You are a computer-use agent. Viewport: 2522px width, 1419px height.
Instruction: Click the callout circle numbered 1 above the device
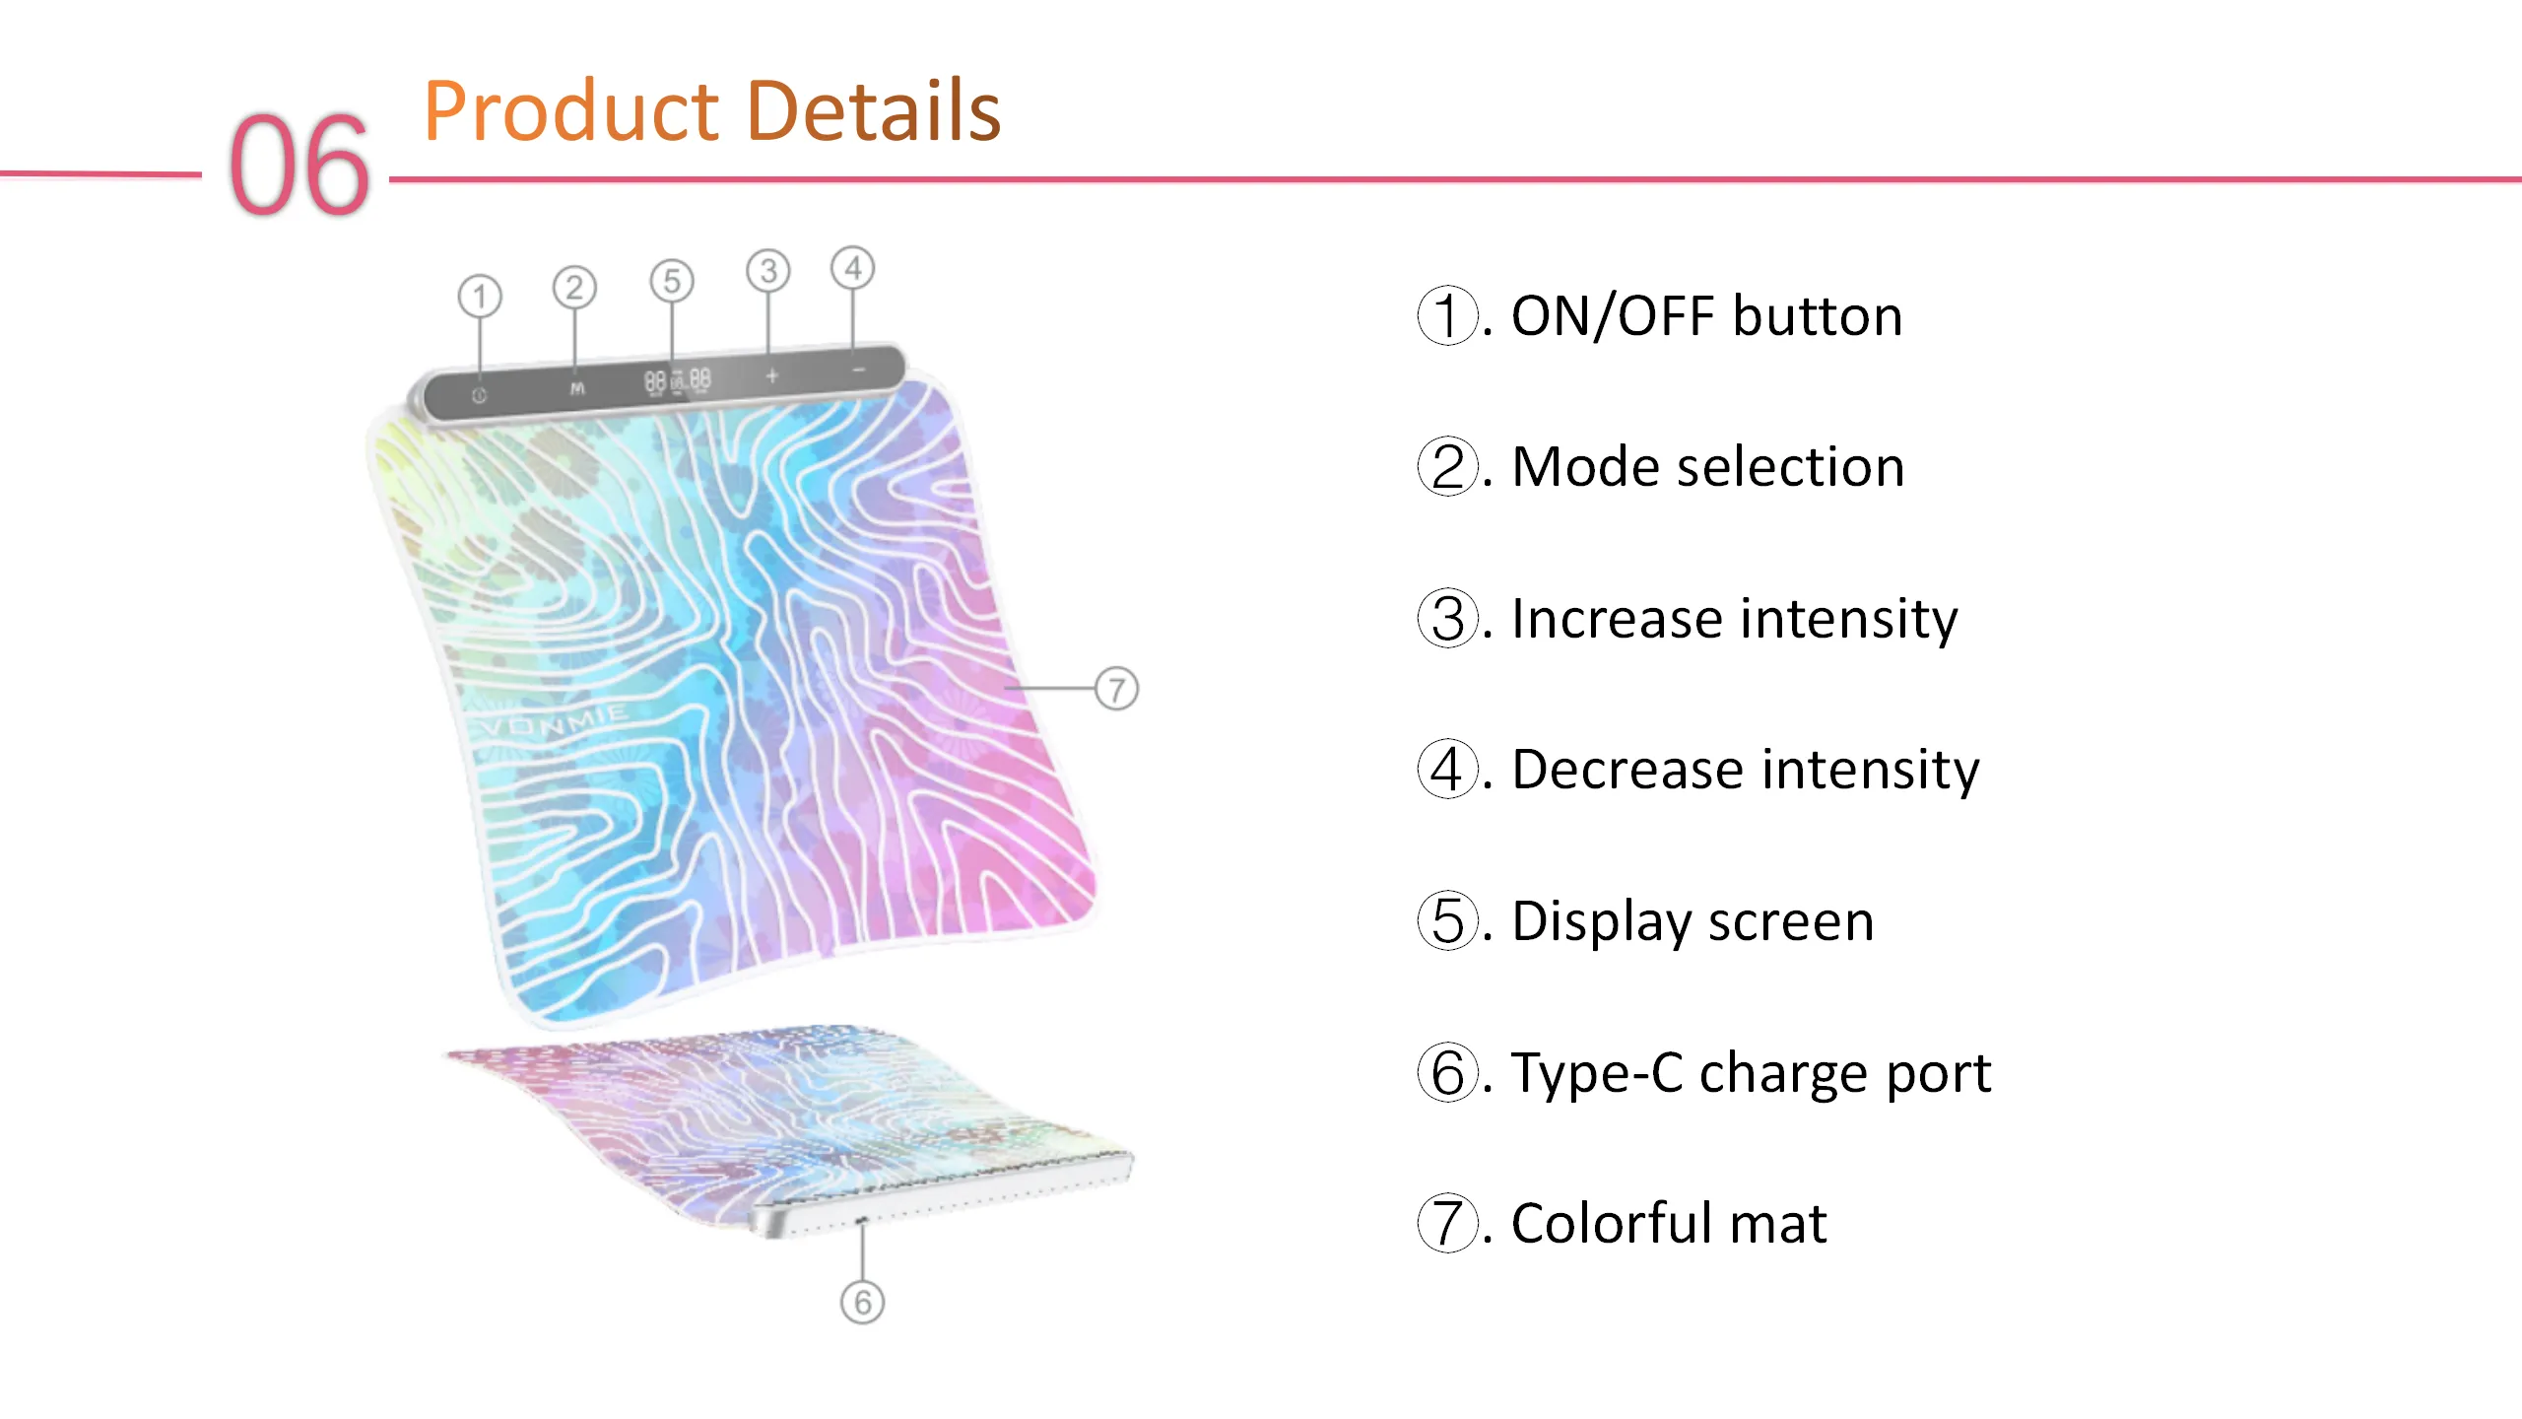(480, 297)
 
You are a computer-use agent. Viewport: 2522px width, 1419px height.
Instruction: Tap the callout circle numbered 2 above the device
(574, 288)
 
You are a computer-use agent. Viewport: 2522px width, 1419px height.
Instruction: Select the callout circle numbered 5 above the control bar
(672, 281)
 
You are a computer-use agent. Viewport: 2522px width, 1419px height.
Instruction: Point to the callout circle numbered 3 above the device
(768, 271)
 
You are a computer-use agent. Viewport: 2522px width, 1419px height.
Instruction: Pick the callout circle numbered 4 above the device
(853, 268)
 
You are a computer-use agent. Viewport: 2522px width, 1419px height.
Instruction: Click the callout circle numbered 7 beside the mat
(1116, 689)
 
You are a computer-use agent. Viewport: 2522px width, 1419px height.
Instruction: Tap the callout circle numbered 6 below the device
(863, 1303)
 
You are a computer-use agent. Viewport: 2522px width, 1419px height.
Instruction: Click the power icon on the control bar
(479, 395)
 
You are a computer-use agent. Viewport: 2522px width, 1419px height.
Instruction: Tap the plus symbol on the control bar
(772, 375)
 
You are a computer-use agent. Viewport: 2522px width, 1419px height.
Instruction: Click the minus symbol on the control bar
(859, 371)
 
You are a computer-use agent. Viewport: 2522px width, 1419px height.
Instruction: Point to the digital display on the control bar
(678, 381)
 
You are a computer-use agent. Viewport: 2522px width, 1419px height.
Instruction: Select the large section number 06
(299, 165)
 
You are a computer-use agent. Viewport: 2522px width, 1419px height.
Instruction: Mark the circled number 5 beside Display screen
(1448, 921)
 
